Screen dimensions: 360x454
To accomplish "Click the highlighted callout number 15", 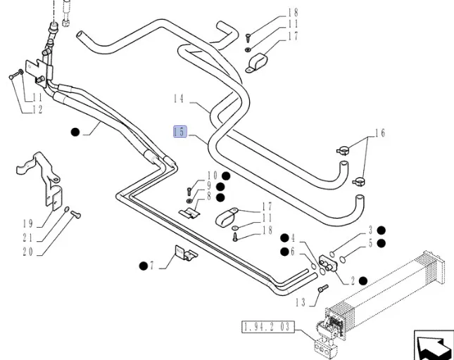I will (180, 131).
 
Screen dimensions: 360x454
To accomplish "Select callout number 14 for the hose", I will (179, 100).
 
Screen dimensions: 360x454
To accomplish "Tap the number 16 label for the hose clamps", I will (380, 132).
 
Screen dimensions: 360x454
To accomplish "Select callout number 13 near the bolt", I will (301, 302).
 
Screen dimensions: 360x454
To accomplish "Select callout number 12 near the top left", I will (36, 110).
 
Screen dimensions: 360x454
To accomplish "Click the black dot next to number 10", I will (226, 176).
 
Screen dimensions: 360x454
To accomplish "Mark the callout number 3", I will (370, 230).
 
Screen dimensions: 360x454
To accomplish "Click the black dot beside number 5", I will (382, 243).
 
